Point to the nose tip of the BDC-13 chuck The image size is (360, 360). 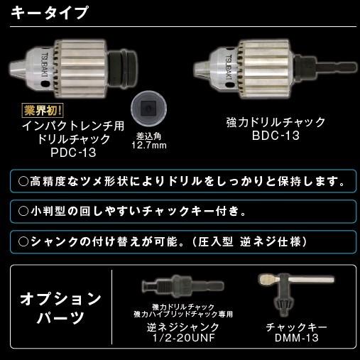click(x=202, y=69)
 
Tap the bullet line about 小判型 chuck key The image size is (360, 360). click(x=132, y=211)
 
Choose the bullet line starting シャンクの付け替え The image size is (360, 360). click(x=163, y=241)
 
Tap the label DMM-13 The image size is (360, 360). click(x=295, y=338)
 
